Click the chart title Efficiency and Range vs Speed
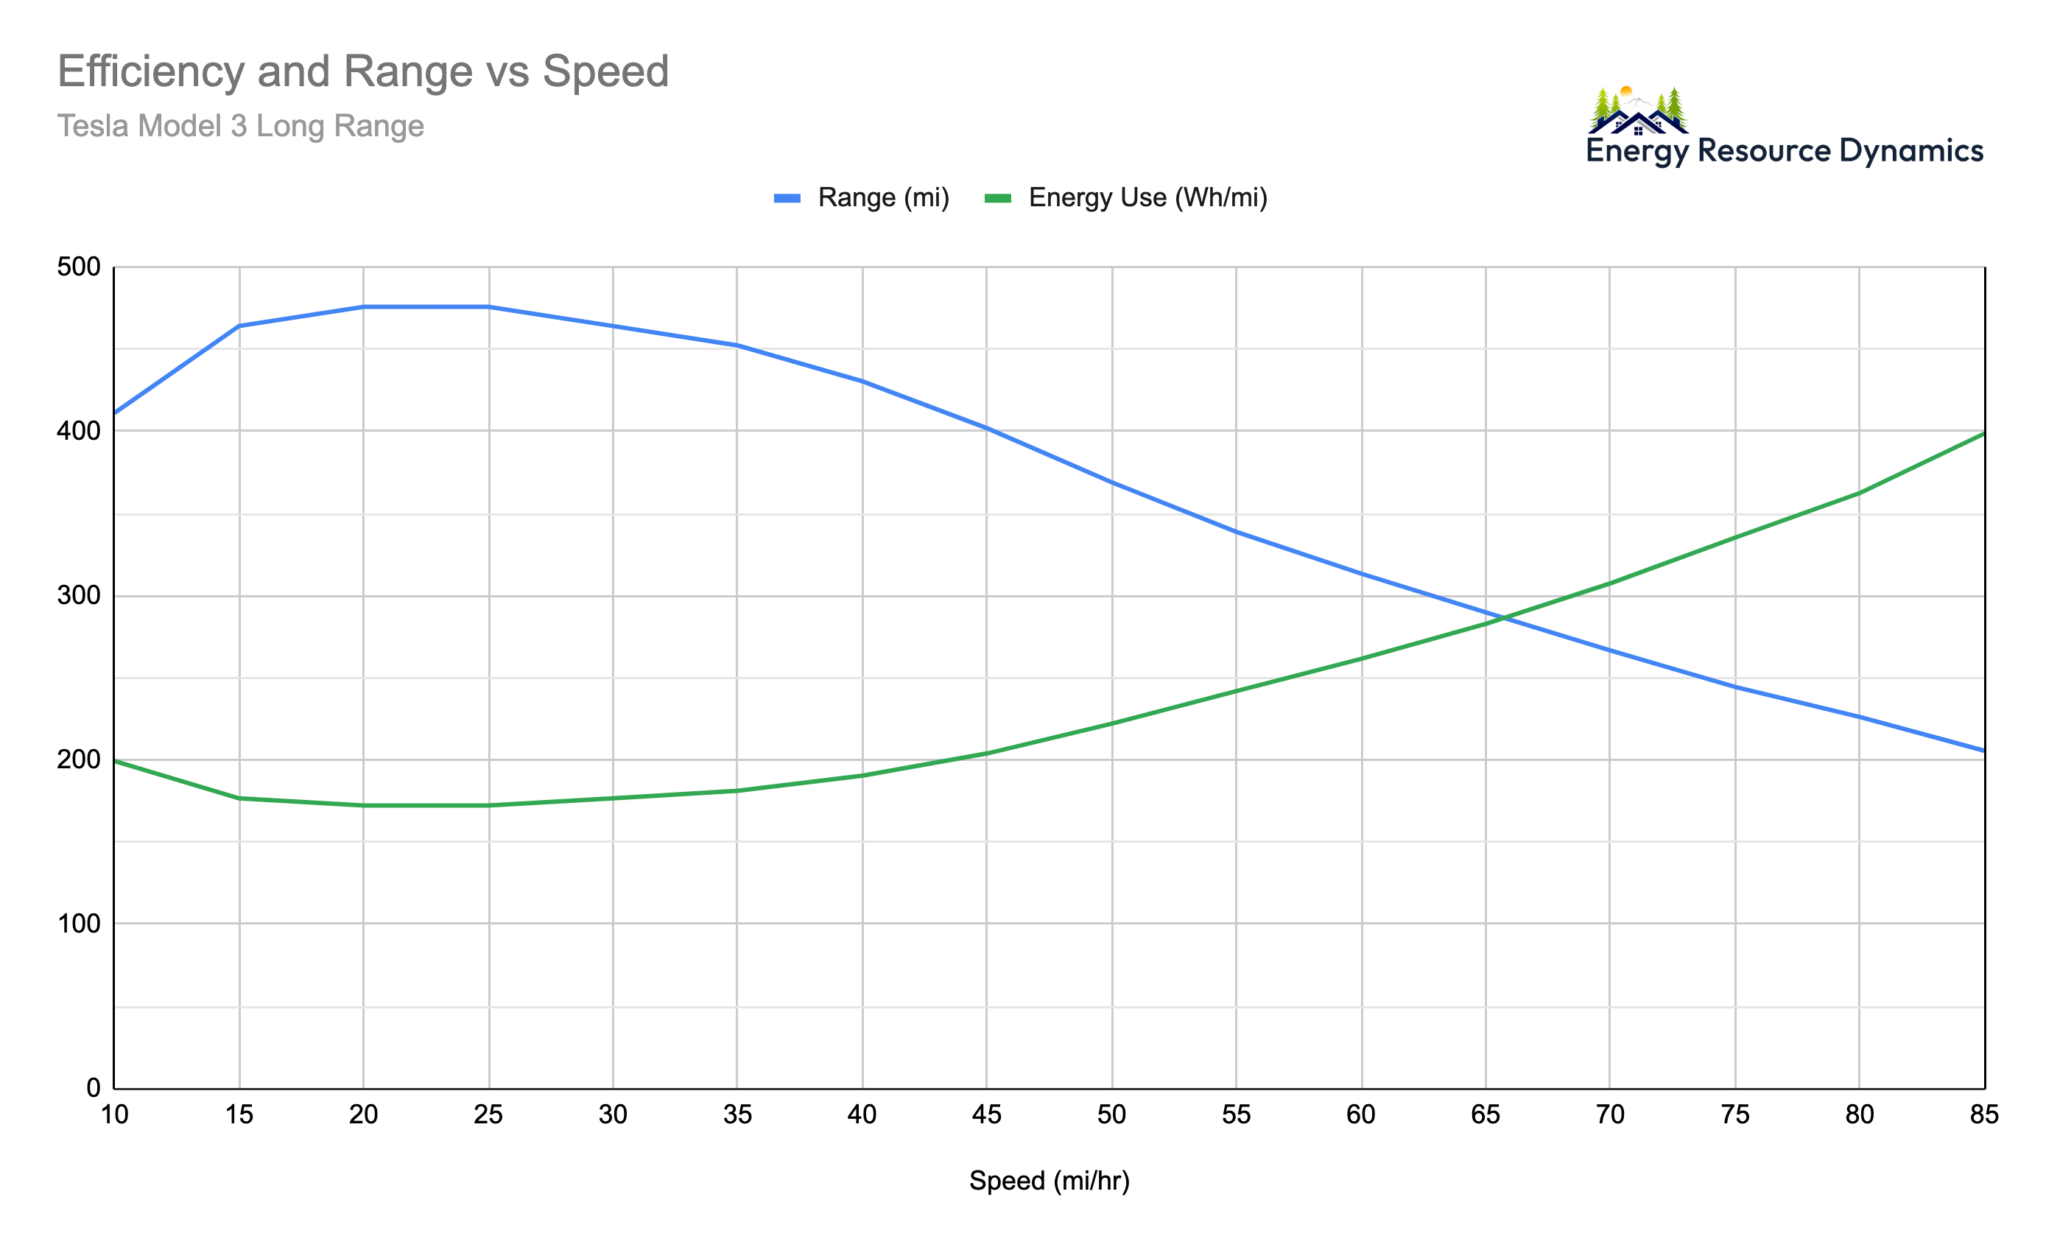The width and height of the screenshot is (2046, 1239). tap(363, 71)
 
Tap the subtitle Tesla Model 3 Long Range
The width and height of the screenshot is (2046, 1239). tap(240, 126)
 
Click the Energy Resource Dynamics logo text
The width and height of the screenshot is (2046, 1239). tap(1784, 151)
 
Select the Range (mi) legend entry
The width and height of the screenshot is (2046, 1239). tap(862, 197)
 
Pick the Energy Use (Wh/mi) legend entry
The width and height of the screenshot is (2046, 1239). tap(1126, 197)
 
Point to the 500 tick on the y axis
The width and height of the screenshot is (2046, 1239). tap(78, 267)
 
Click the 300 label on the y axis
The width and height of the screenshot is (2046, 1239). tap(78, 595)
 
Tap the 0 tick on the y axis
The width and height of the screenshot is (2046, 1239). tap(93, 1088)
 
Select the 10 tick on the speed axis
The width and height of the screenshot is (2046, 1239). tap(115, 1115)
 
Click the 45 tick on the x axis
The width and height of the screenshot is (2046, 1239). tap(986, 1115)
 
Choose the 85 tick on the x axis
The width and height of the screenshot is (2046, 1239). tap(1983, 1115)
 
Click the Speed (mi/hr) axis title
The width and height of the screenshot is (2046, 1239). tap(1049, 1181)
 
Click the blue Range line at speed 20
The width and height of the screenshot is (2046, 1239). tap(364, 307)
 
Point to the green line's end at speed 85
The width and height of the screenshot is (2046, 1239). tap(1983, 433)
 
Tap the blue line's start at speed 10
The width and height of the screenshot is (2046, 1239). tap(116, 413)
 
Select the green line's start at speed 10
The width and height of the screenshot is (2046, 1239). tap(116, 761)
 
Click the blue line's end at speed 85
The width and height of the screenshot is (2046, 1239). tap(1983, 751)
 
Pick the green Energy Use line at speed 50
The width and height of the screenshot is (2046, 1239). tap(1112, 723)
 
